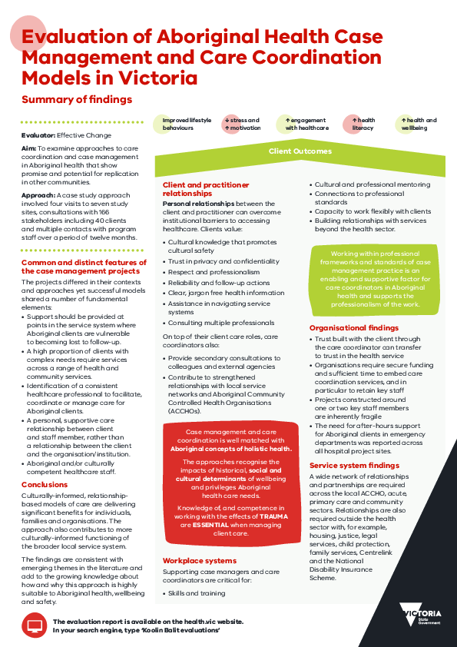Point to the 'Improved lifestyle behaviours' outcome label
coord(186,124)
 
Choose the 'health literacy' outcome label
coord(363,124)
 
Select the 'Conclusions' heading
coord(45,485)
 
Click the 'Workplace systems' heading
coord(198,561)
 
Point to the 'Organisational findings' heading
coord(354,327)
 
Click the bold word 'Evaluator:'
coord(38,135)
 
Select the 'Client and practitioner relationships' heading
coord(206,189)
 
